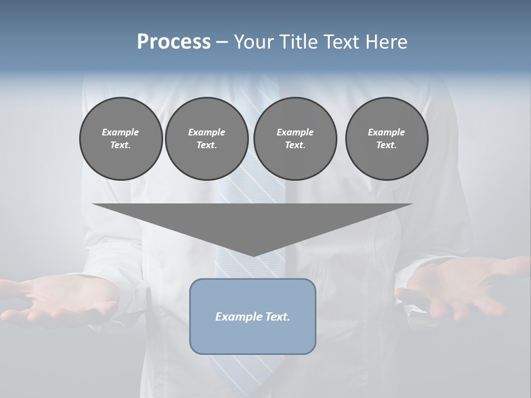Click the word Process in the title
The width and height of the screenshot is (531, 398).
pyautogui.click(x=174, y=42)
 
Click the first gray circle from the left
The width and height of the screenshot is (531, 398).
pyautogui.click(x=121, y=139)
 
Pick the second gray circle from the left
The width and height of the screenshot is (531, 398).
pyautogui.click(x=207, y=139)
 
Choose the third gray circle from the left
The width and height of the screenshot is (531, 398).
pyautogui.click(x=295, y=139)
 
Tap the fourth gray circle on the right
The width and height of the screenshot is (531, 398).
pyautogui.click(x=387, y=139)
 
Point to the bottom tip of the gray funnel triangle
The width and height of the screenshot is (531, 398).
pyautogui.click(x=253, y=255)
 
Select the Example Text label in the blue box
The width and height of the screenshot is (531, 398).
pyautogui.click(x=253, y=317)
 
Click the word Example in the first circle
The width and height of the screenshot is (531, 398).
pyautogui.click(x=121, y=132)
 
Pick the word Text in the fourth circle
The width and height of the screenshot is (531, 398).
pyautogui.click(x=386, y=145)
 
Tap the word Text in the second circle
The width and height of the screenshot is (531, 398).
pyautogui.click(x=206, y=145)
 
